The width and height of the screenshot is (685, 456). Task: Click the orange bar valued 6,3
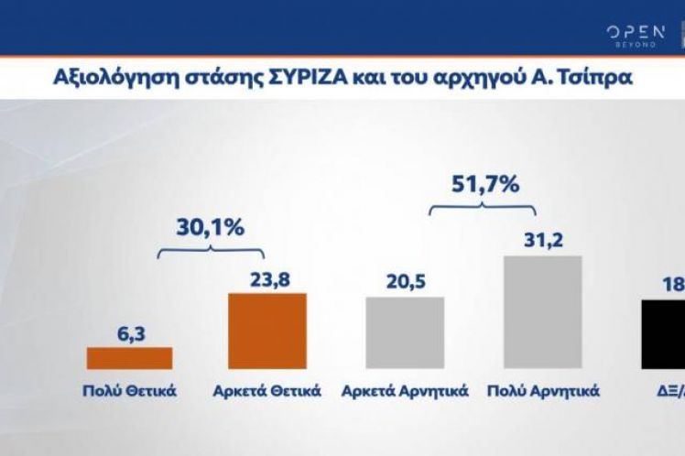pyautogui.click(x=128, y=358)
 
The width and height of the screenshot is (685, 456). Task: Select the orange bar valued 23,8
pyautogui.click(x=267, y=331)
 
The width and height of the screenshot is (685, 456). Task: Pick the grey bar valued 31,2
pyautogui.click(x=543, y=312)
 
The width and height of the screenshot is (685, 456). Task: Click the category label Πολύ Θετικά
pyautogui.click(x=128, y=392)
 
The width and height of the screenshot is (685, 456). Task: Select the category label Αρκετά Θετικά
pyautogui.click(x=266, y=392)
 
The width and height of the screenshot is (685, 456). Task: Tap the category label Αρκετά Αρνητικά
pyautogui.click(x=405, y=392)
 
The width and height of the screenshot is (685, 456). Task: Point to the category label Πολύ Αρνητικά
pyautogui.click(x=543, y=392)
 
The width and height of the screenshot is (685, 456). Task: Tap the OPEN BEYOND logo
pyautogui.click(x=636, y=37)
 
